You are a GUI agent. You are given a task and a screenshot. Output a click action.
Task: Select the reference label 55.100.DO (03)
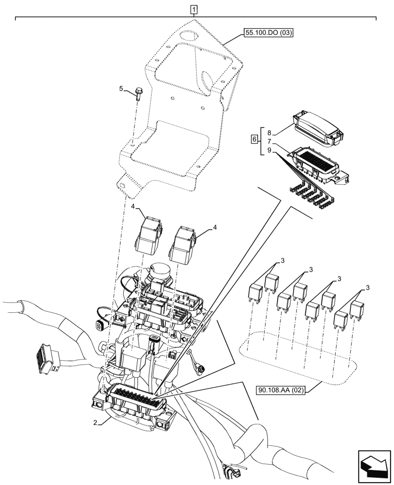269,33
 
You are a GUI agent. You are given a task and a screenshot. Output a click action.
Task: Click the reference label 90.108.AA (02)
281,389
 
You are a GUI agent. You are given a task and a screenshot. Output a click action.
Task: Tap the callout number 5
121,89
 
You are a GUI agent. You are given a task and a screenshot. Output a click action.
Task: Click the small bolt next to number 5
138,93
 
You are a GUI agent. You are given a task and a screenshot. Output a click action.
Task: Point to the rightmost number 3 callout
368,288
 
